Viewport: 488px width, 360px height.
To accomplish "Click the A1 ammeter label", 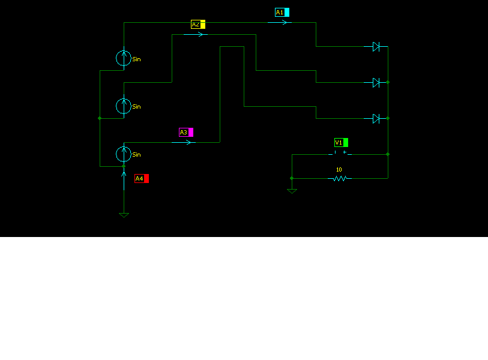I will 282,12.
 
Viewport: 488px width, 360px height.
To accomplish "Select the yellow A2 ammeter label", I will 198,24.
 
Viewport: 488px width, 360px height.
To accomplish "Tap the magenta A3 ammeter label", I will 186,132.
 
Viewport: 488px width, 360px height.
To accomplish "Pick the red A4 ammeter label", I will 141,178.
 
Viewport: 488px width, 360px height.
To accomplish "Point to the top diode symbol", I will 376,46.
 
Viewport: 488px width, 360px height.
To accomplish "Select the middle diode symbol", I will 376,82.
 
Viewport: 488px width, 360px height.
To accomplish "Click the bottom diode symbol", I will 376,118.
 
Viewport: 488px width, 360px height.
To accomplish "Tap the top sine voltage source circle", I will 124,58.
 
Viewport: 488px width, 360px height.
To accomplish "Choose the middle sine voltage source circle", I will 124,106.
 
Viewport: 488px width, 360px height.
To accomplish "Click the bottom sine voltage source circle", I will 124,154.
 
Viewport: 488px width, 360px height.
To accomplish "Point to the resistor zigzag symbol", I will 340,178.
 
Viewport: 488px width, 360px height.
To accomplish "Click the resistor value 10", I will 339,170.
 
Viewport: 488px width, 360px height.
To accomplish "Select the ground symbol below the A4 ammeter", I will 124,214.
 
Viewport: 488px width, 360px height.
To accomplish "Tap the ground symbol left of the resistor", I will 292,191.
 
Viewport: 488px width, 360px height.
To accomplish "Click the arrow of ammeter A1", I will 280,22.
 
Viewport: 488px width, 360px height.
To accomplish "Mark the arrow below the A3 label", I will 184,142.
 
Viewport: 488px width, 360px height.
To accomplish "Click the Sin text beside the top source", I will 136,59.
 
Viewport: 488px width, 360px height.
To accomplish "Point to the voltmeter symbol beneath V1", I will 340,154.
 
